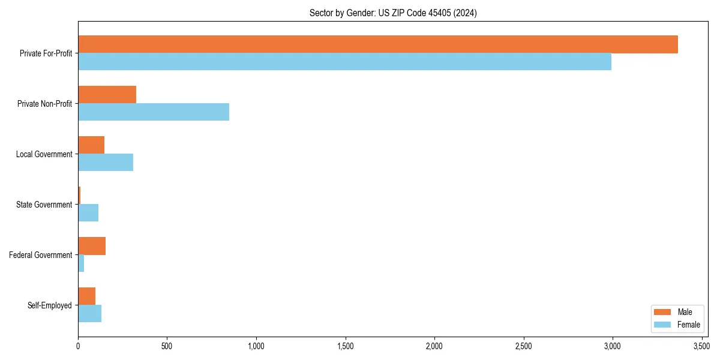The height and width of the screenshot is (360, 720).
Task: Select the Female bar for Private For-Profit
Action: coord(344,62)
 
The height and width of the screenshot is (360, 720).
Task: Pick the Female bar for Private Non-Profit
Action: coord(154,112)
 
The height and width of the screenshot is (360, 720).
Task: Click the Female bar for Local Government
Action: coord(106,163)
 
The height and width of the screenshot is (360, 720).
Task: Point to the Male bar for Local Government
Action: coord(91,145)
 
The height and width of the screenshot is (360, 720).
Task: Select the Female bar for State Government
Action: coord(88,213)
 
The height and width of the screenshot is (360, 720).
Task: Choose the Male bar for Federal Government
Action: coord(92,246)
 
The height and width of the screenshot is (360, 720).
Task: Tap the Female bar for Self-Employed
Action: coord(89,314)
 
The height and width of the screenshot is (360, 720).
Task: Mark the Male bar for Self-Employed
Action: coord(86,296)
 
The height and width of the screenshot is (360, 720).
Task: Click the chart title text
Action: coord(393,13)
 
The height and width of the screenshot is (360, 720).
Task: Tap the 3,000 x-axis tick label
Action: coord(612,347)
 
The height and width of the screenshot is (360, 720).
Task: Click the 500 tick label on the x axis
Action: coord(167,347)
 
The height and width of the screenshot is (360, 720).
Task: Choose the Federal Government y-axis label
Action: coord(41,255)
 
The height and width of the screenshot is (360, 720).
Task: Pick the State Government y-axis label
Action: coord(44,205)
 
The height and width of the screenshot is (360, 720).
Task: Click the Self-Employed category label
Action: coord(50,305)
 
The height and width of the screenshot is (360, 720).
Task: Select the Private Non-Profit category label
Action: coord(44,104)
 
